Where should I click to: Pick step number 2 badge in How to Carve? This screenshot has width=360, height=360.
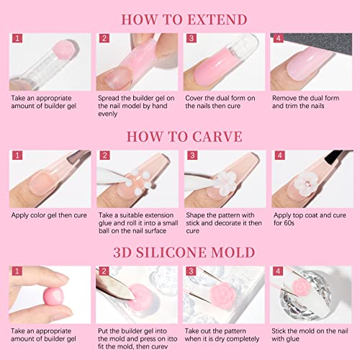(104, 156)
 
